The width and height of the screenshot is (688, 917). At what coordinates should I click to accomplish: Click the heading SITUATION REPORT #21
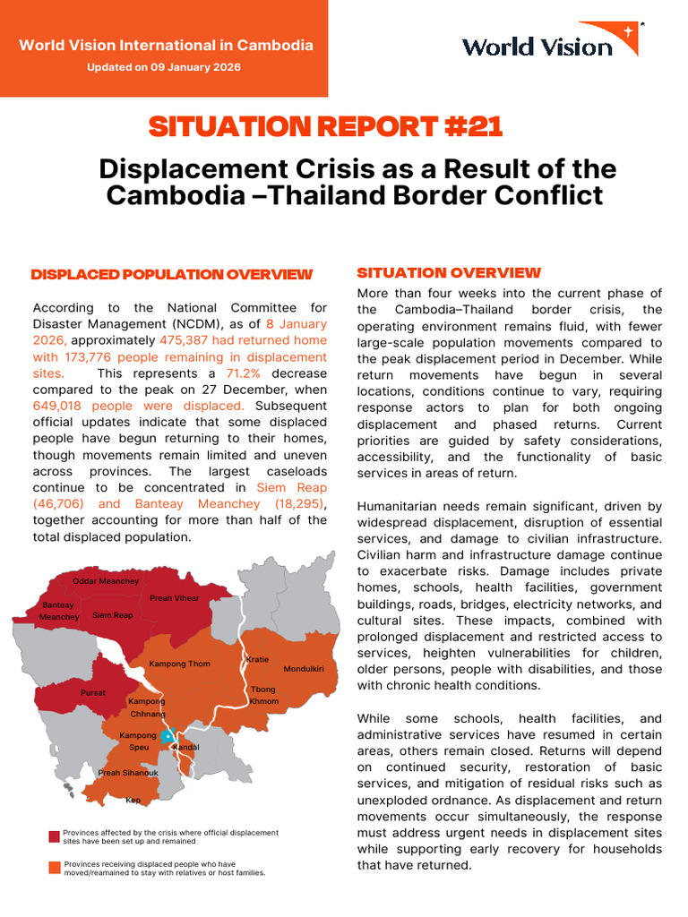point(325,127)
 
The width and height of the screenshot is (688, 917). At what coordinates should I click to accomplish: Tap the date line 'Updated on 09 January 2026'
point(164,67)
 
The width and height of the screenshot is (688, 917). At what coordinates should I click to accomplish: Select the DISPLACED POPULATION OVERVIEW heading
point(172,274)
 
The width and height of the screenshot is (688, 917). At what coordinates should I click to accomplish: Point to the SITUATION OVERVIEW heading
point(449,272)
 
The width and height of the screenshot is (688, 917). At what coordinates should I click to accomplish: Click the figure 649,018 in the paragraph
point(59,405)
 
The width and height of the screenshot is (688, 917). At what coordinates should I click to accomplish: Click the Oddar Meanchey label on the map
point(106,581)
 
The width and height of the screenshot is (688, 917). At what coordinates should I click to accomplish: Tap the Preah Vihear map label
point(174,598)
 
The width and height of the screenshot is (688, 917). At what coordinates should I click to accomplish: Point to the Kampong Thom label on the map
point(179,664)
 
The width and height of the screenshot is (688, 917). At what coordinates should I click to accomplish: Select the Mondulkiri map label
point(303,669)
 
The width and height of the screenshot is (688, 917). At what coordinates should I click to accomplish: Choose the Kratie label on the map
point(257,660)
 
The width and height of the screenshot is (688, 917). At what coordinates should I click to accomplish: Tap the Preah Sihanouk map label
point(128,773)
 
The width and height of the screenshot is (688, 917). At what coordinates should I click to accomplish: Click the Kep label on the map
point(133,800)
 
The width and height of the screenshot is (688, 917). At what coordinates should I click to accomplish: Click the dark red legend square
point(55,836)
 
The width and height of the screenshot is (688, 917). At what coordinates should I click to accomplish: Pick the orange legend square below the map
point(55,867)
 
